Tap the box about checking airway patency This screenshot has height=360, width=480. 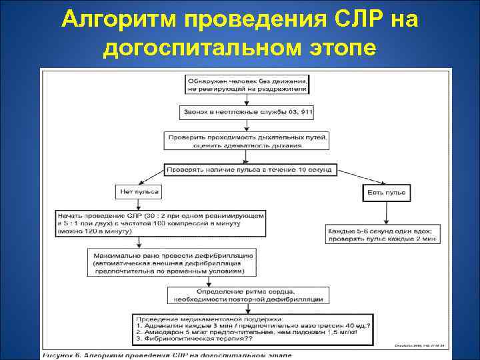click(x=247, y=141)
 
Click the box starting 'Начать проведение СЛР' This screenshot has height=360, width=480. click(x=161, y=224)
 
